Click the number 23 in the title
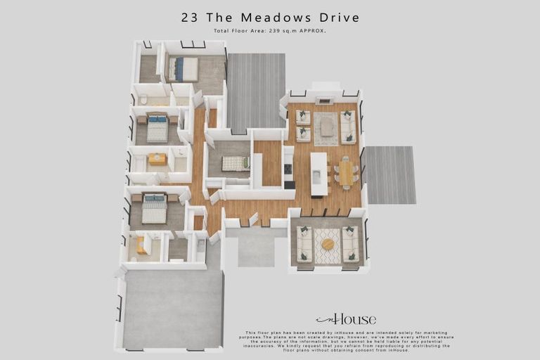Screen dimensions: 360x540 click(189, 18)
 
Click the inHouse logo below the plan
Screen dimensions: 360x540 click(346, 319)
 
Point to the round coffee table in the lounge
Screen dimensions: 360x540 click(328, 244)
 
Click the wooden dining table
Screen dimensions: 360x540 click(345, 173)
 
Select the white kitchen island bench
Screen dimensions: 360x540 click(319, 174)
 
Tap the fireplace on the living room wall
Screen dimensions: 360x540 click(325, 101)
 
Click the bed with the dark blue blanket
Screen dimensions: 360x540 click(184, 69)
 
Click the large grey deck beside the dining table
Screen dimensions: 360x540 click(389, 175)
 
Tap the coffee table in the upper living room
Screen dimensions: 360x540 click(326, 127)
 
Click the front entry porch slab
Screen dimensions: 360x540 click(256, 250)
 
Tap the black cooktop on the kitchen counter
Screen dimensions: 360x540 click(288, 169)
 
